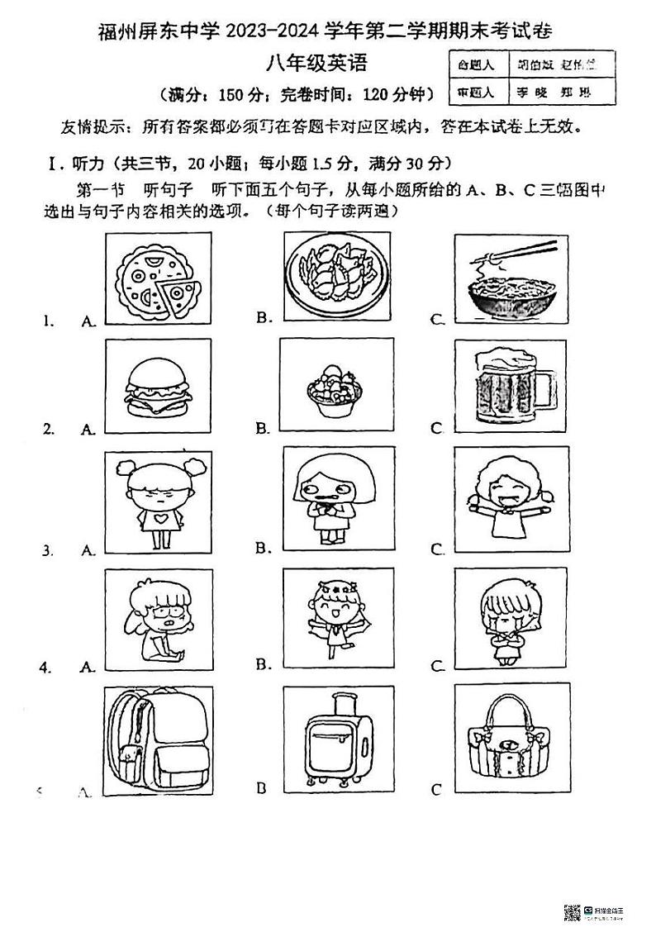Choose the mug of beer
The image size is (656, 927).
coord(505,386)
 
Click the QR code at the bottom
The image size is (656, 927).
coord(572,911)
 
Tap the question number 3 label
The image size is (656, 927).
coord(48,549)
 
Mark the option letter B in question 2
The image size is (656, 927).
coord(261,428)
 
